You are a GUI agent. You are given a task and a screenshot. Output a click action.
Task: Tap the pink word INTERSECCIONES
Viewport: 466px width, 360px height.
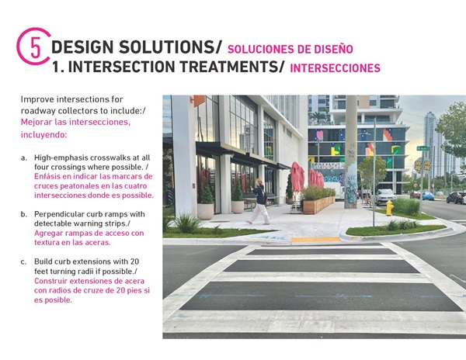335,68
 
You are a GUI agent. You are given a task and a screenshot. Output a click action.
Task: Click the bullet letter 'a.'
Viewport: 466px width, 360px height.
24,157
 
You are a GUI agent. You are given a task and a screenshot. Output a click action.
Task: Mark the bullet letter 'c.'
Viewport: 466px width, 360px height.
24,261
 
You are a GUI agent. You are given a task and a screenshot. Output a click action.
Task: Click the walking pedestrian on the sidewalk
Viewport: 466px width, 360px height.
259,200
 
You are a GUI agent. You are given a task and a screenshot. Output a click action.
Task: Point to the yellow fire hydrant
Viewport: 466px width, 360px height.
389,207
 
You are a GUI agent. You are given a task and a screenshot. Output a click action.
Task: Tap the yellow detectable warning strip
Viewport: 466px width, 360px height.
315,240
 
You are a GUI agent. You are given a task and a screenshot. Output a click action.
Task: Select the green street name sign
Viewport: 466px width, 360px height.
423,148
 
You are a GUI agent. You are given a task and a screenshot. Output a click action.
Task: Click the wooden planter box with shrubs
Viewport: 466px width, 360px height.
318,204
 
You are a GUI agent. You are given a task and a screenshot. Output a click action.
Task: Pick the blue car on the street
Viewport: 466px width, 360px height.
427,196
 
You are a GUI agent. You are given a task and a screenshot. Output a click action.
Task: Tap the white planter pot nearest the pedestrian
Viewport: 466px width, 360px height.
238,206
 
